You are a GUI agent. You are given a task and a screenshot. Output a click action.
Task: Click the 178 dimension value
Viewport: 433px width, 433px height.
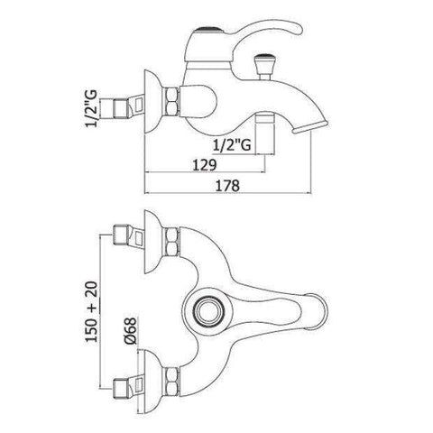tap(227, 185)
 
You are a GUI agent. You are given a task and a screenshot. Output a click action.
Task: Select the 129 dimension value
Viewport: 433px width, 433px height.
tap(205, 165)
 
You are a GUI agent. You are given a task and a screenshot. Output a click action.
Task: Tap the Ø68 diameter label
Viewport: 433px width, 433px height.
tap(130, 331)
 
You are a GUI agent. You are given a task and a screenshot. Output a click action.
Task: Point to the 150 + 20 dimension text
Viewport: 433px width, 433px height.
tap(92, 311)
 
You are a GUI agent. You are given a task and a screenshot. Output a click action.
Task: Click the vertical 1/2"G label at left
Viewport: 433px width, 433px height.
tap(92, 108)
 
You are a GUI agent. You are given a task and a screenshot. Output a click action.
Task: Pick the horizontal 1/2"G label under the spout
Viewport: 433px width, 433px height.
tap(232, 145)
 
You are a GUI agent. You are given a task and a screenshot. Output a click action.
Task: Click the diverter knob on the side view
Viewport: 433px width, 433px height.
tap(262, 66)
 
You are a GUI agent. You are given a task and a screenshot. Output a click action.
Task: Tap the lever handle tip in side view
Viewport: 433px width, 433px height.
tap(296, 29)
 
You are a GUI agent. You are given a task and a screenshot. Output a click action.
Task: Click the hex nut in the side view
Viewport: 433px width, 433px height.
tap(172, 101)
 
